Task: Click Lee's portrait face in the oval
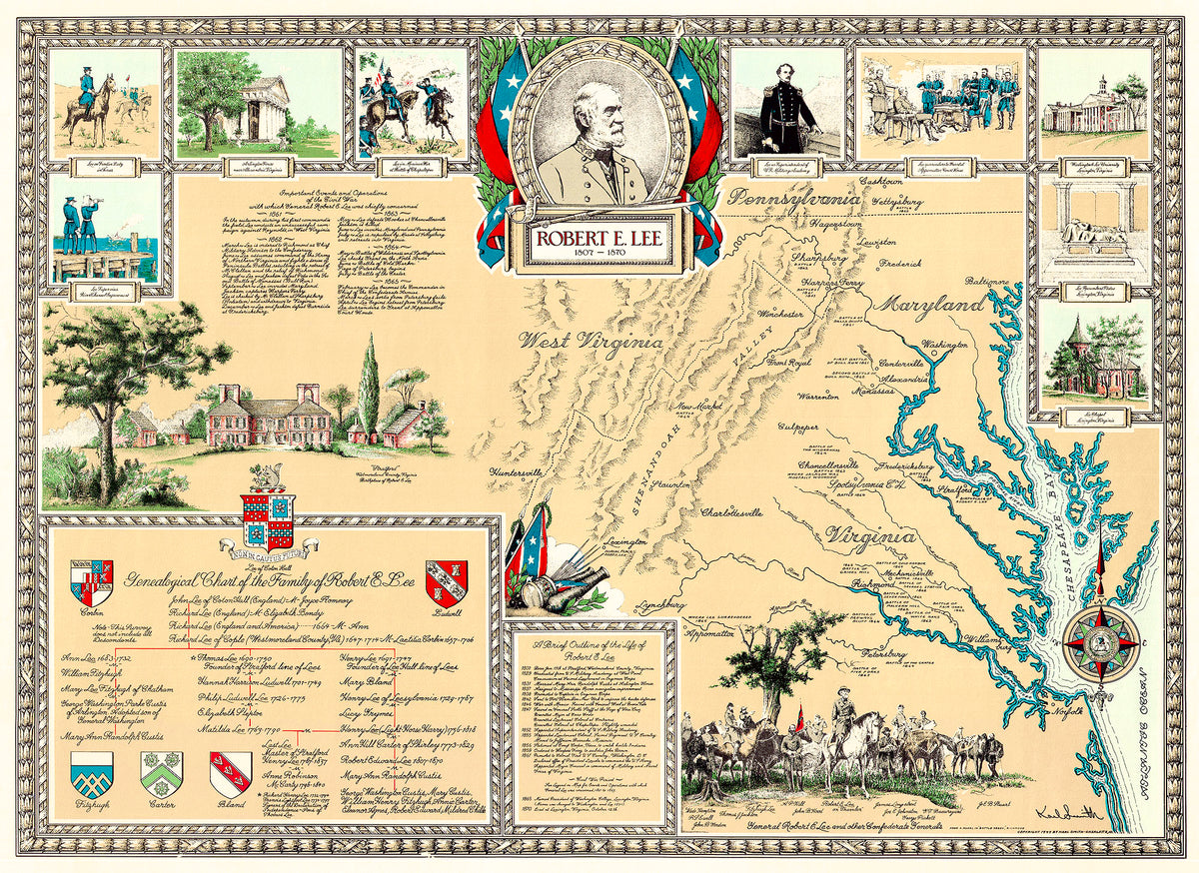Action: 598,120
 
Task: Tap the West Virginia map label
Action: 590,341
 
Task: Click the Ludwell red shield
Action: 446,581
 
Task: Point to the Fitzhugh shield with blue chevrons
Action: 92,774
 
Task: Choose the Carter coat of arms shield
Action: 161,774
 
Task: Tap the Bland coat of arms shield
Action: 230,774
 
